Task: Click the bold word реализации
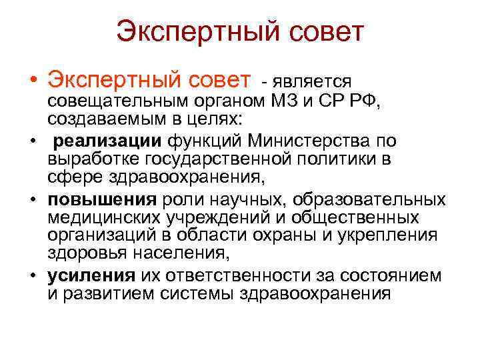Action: coord(99,141)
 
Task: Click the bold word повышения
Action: coord(101,200)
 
